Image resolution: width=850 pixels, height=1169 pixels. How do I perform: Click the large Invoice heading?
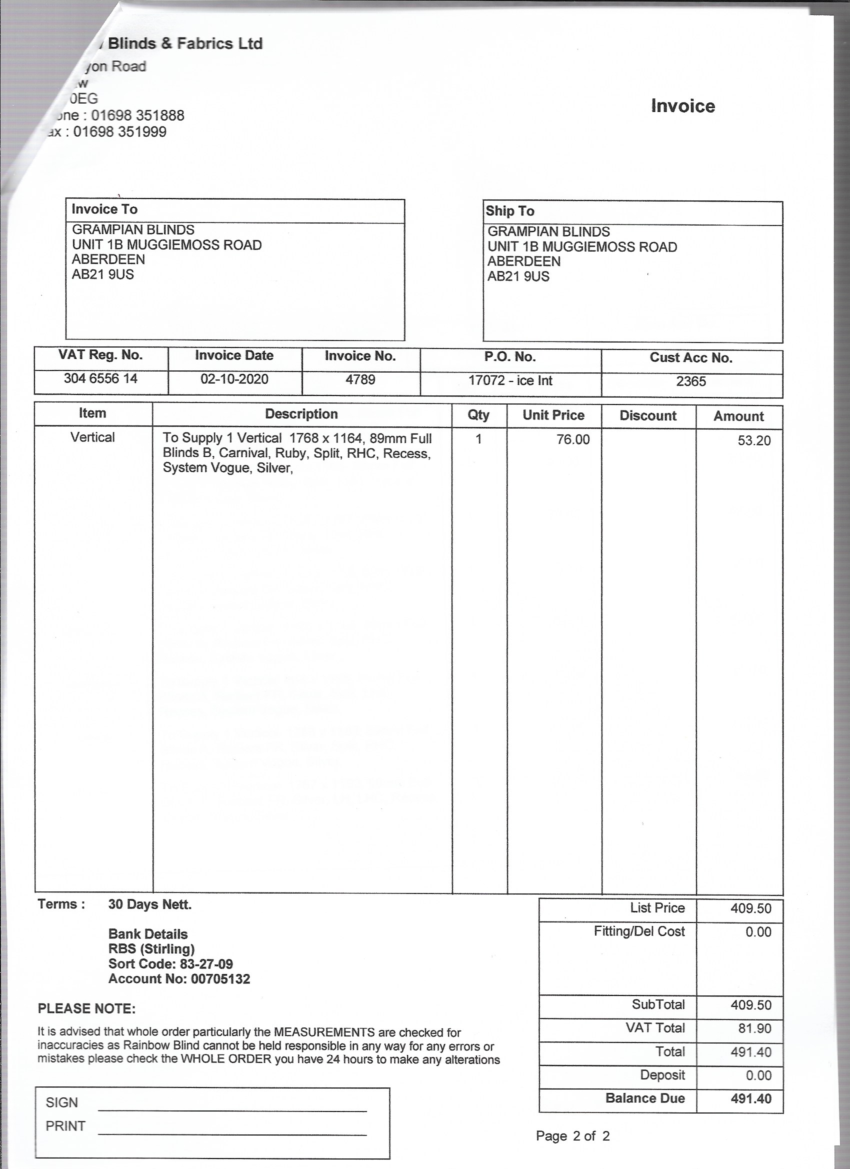(682, 105)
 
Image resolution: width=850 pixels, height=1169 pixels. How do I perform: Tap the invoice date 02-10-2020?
(234, 379)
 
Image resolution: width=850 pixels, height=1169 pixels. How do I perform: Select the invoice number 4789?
(360, 379)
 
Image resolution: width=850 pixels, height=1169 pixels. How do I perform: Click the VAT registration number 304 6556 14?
(100, 378)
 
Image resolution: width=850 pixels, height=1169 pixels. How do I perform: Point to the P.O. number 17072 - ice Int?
(510, 380)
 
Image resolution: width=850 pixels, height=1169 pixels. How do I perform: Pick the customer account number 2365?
(690, 381)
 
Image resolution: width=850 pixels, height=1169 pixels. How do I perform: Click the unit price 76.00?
(572, 439)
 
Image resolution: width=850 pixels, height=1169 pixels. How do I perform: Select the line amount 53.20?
(753, 440)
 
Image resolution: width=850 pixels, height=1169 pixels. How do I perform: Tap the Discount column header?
(648, 415)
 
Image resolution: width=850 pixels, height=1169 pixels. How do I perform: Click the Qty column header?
(478, 415)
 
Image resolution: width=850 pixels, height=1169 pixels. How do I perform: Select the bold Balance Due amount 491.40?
(750, 1098)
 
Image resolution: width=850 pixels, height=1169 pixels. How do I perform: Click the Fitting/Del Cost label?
(638, 931)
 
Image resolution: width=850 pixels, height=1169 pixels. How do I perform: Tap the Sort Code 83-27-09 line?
(170, 964)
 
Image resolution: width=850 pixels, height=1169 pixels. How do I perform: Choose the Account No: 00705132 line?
(179, 979)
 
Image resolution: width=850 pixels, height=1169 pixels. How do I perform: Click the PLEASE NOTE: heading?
(86, 1008)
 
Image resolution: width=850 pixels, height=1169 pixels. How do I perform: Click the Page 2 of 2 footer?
(572, 1135)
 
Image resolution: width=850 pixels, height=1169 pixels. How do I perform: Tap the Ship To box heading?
(510, 211)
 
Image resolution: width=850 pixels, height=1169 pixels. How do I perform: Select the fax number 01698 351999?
(119, 132)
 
